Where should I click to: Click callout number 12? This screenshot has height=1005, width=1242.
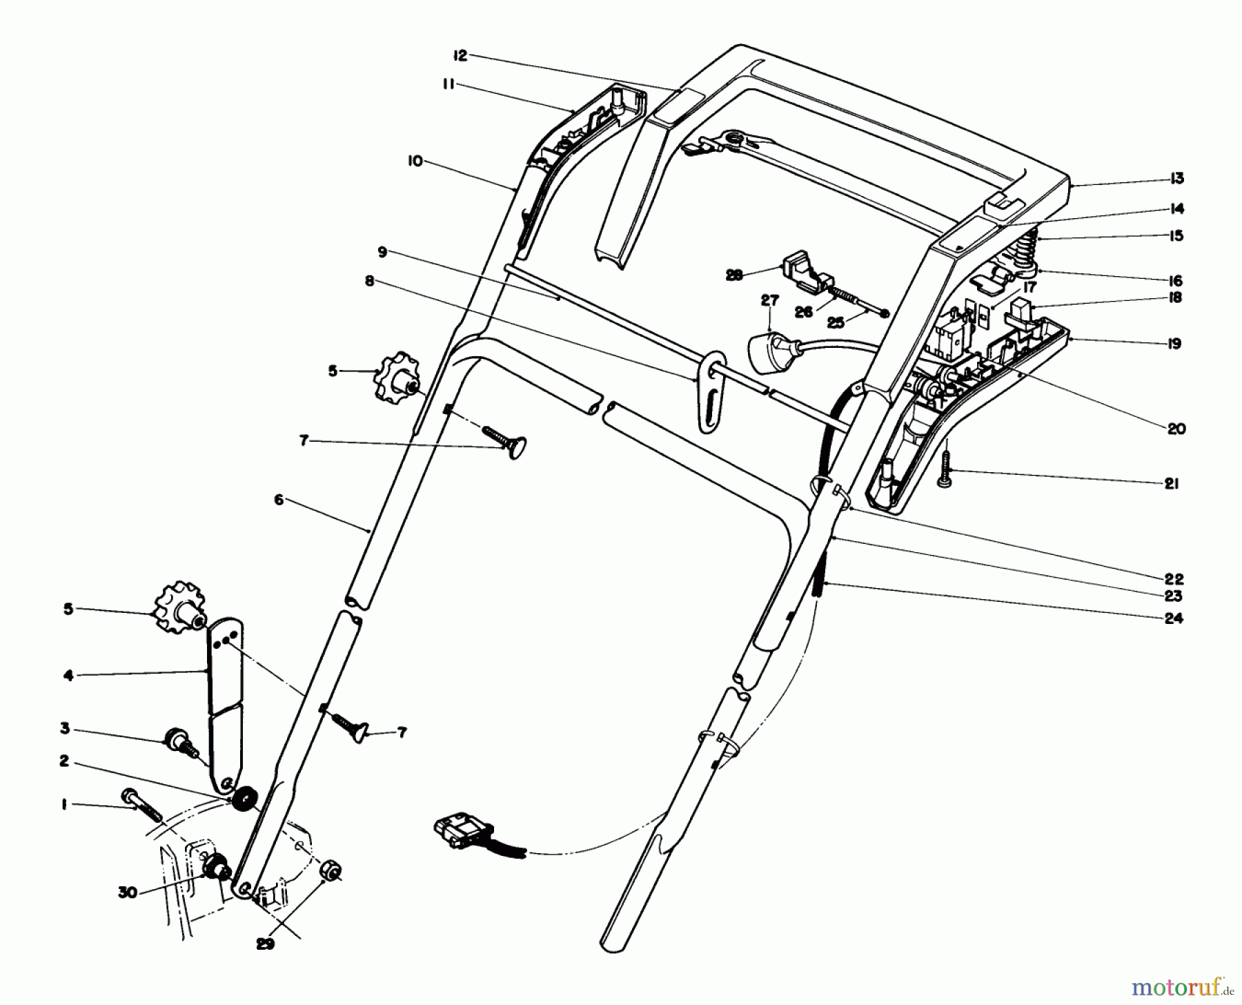460,55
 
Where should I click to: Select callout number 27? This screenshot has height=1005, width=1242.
769,300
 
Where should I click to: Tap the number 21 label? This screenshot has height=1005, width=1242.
1171,484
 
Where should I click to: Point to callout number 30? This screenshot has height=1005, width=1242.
128,892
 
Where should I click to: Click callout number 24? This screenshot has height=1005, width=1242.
1174,618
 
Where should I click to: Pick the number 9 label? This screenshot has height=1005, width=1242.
383,253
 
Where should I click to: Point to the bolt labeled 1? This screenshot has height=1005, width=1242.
141,805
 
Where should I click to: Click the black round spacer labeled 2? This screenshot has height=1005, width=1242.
243,801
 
